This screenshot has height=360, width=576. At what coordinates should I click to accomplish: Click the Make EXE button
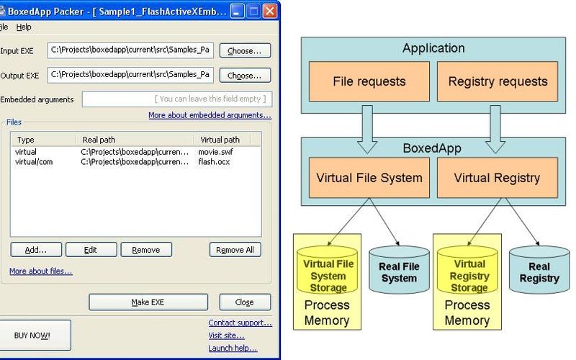148,302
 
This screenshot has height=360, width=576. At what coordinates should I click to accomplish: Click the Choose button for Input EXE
245,50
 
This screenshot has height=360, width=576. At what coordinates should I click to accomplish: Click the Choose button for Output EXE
245,75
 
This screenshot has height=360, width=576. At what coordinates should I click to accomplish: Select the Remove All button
235,250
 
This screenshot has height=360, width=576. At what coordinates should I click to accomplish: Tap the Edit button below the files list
90,250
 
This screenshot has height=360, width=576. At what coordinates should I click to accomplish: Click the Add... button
35,250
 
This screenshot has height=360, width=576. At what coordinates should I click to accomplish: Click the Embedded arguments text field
176,99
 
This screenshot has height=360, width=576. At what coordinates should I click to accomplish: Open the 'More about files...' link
40,271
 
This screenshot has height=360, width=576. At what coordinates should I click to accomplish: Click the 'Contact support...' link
240,323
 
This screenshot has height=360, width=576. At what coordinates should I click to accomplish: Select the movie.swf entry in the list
215,152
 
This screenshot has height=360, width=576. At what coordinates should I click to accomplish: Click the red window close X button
269,11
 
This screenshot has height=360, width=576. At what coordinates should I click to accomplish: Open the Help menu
24,27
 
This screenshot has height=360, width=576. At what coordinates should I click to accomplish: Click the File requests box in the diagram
369,81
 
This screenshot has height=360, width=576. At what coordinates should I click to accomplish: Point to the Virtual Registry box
498,176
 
